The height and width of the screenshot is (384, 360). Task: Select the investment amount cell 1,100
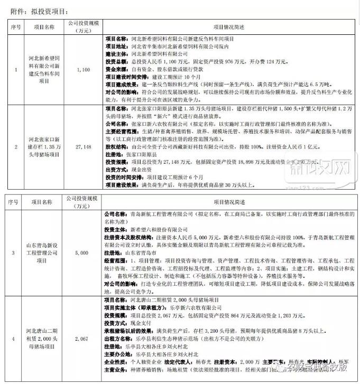pos(84,70)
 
